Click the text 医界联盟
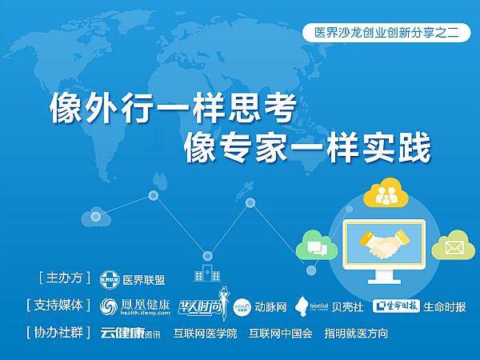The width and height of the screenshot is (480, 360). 144,280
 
